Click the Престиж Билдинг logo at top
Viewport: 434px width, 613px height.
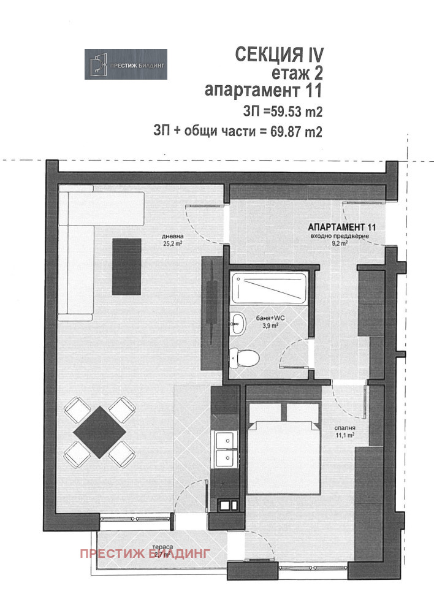tap(126, 63)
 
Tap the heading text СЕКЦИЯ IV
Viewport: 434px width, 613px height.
tap(278, 55)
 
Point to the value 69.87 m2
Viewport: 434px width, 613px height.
tap(295, 131)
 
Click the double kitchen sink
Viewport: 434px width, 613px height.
tap(226, 449)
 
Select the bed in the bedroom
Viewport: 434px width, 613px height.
tap(284, 447)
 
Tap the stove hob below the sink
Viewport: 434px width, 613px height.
tap(227, 506)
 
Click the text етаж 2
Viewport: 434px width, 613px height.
tap(297, 74)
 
